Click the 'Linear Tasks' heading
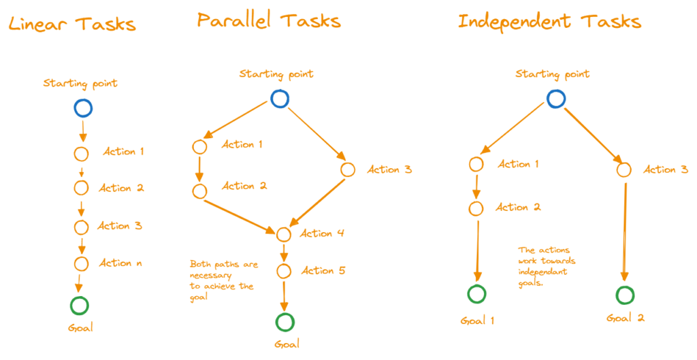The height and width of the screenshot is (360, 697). click(71, 24)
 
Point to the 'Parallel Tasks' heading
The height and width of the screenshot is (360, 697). click(269, 20)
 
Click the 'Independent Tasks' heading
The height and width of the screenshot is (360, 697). click(549, 21)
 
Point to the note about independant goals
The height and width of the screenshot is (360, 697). click(547, 266)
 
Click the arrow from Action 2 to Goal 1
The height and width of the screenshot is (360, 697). click(477, 250)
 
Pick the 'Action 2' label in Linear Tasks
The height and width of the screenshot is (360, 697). click(121, 188)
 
